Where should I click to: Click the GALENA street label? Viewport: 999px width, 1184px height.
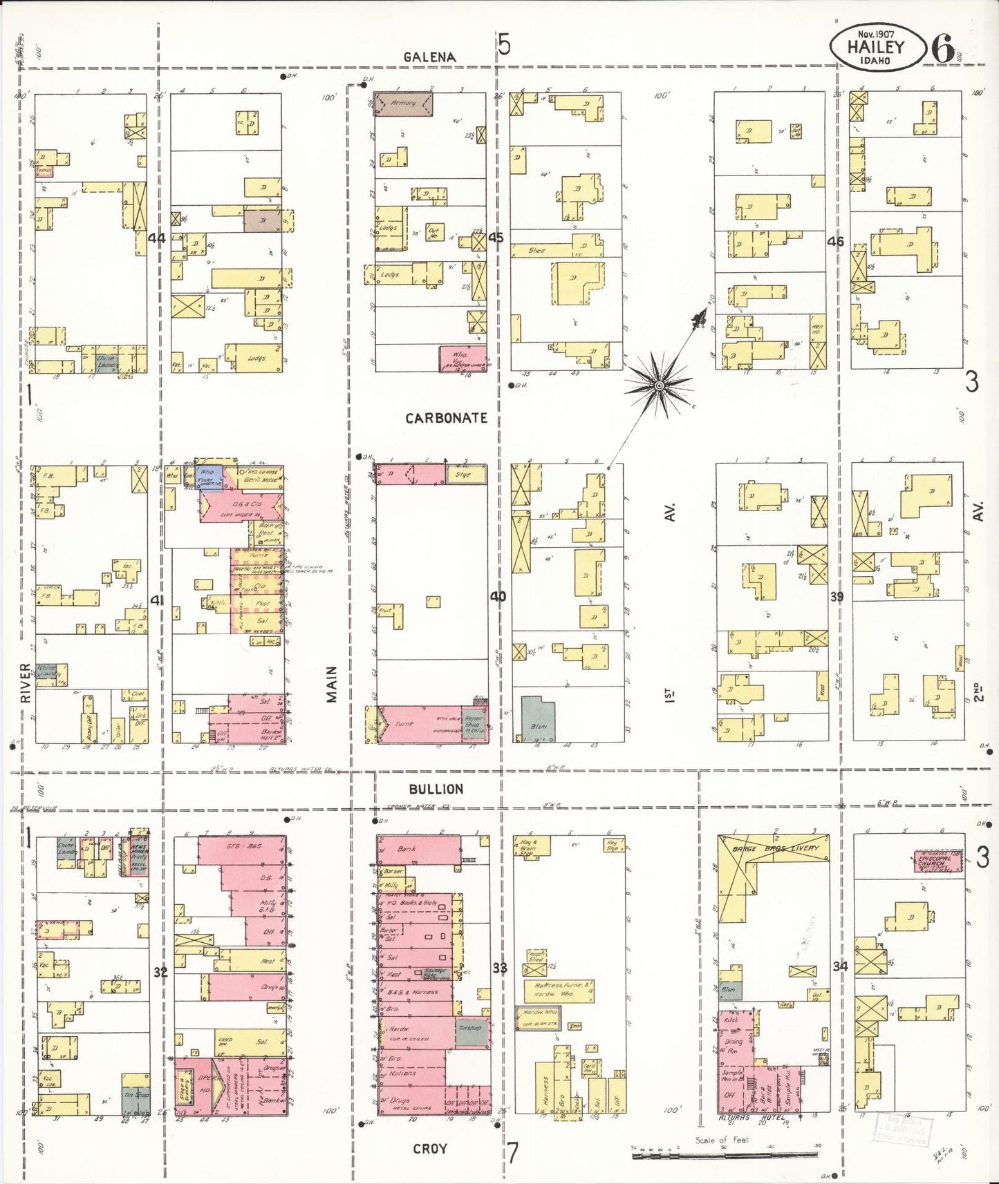[430, 57]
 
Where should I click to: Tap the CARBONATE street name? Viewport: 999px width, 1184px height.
[446, 418]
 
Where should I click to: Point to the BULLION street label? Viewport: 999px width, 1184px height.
[436, 789]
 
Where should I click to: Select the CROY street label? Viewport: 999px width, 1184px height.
[429, 1148]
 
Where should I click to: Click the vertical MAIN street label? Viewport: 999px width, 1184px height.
[332, 684]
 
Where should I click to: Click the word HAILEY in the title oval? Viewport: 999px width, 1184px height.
[876, 47]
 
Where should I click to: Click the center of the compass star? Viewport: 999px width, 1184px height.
[660, 384]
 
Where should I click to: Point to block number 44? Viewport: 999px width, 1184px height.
[157, 238]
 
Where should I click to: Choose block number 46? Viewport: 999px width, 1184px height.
[836, 242]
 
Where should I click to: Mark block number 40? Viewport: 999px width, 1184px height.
[498, 596]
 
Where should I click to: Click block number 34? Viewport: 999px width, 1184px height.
[840, 966]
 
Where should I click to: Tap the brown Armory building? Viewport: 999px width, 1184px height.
[403, 104]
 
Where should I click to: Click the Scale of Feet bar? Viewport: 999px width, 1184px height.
[726, 1152]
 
